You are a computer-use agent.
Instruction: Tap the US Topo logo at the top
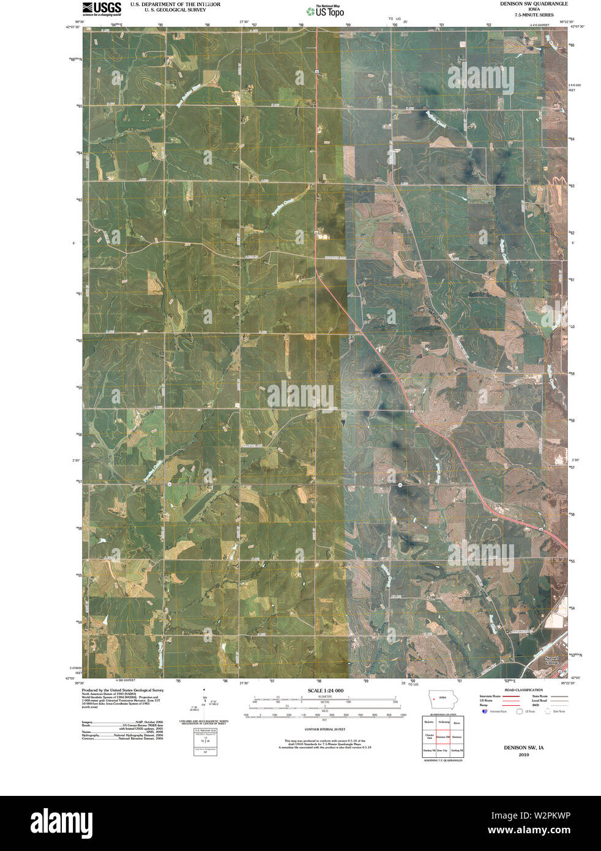point(325,10)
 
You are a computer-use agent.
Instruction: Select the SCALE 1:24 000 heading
point(325,691)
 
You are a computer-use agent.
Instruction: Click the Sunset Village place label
point(552,661)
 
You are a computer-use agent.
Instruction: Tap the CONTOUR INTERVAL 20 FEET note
point(325,730)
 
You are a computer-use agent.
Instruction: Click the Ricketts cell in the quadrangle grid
point(429,723)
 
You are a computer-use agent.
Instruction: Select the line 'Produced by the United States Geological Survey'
point(122,689)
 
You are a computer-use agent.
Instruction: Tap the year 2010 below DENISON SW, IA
point(523,755)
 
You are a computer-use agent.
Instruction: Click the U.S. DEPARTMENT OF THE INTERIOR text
point(175,4)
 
